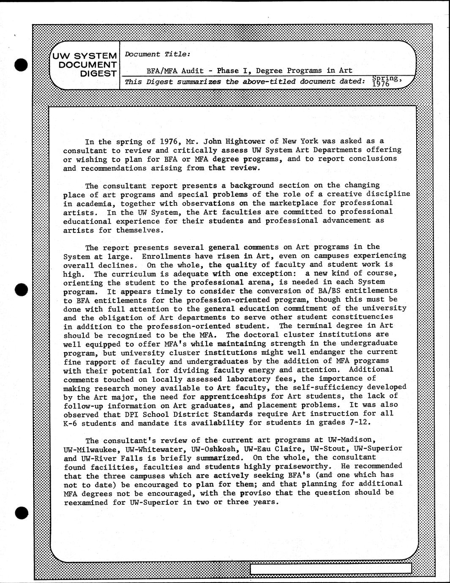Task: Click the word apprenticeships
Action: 233,396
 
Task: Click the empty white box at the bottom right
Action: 330,568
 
